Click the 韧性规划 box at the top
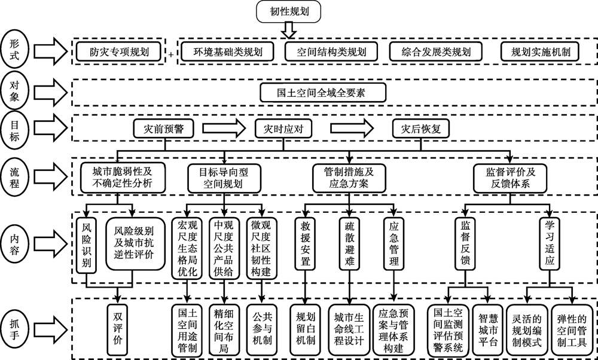[289, 11]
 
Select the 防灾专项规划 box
[120, 52]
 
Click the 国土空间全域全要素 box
[323, 93]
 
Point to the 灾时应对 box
[279, 129]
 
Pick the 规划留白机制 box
[306, 328]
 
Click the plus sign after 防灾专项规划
[172, 54]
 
